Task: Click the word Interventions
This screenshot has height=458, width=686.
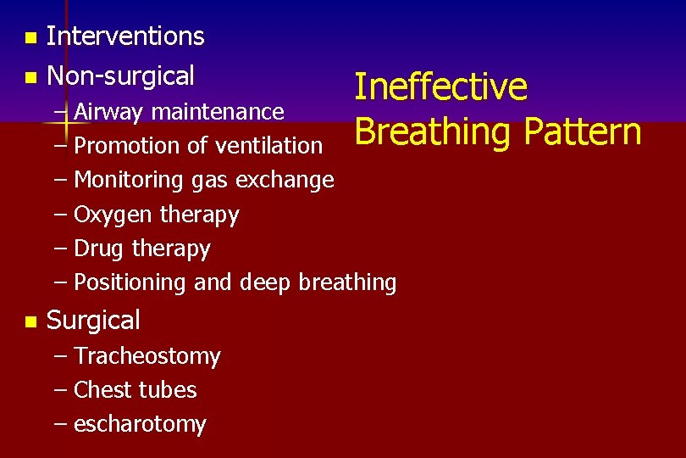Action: (x=125, y=36)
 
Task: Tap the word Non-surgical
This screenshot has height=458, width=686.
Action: (x=120, y=76)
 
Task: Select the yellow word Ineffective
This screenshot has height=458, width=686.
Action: (x=440, y=87)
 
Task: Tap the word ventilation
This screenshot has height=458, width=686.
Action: (x=268, y=146)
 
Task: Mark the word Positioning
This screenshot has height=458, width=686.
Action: (x=131, y=282)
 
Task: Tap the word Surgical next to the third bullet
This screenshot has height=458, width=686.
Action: (x=93, y=321)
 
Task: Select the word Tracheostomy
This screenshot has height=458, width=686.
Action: (x=147, y=356)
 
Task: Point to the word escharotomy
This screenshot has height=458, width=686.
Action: (x=140, y=424)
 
